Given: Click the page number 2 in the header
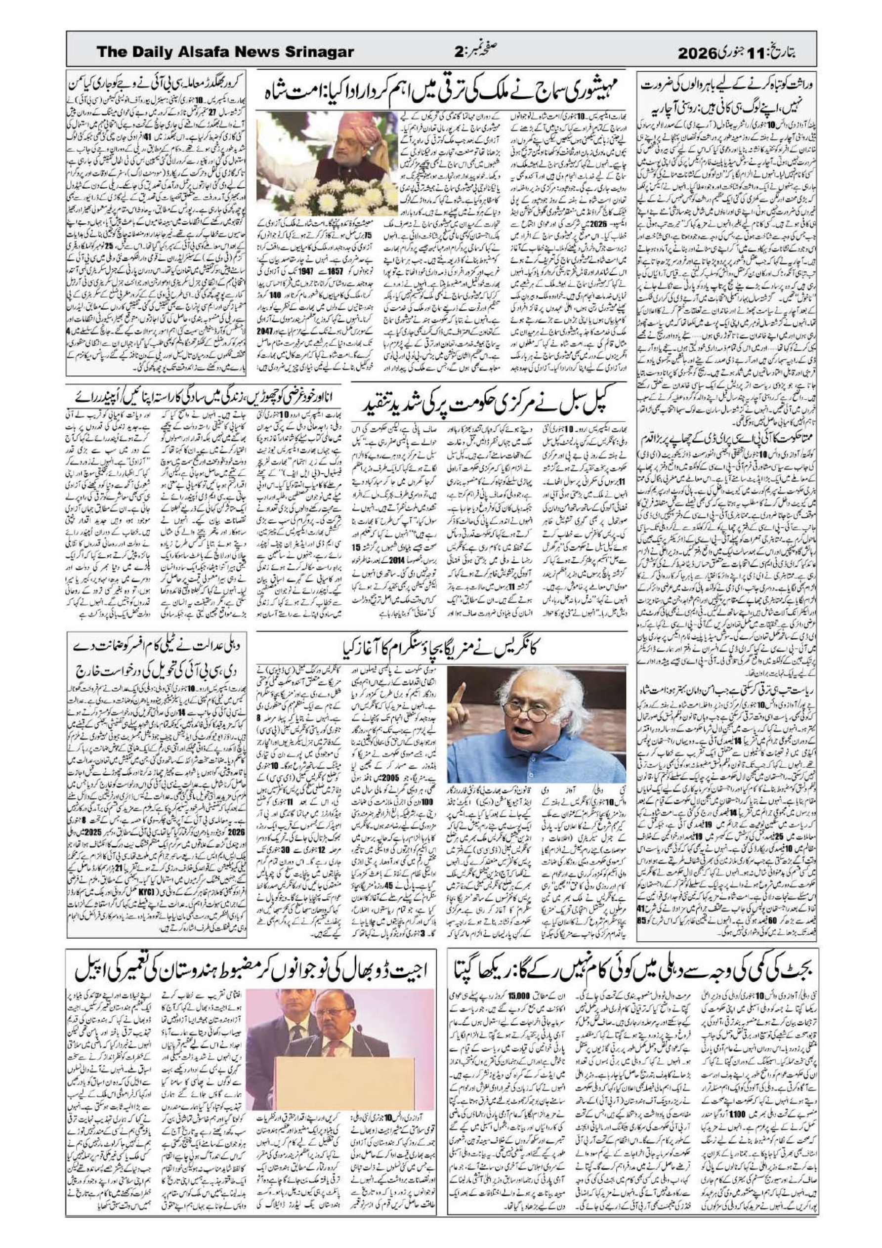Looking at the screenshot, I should (458, 52).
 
